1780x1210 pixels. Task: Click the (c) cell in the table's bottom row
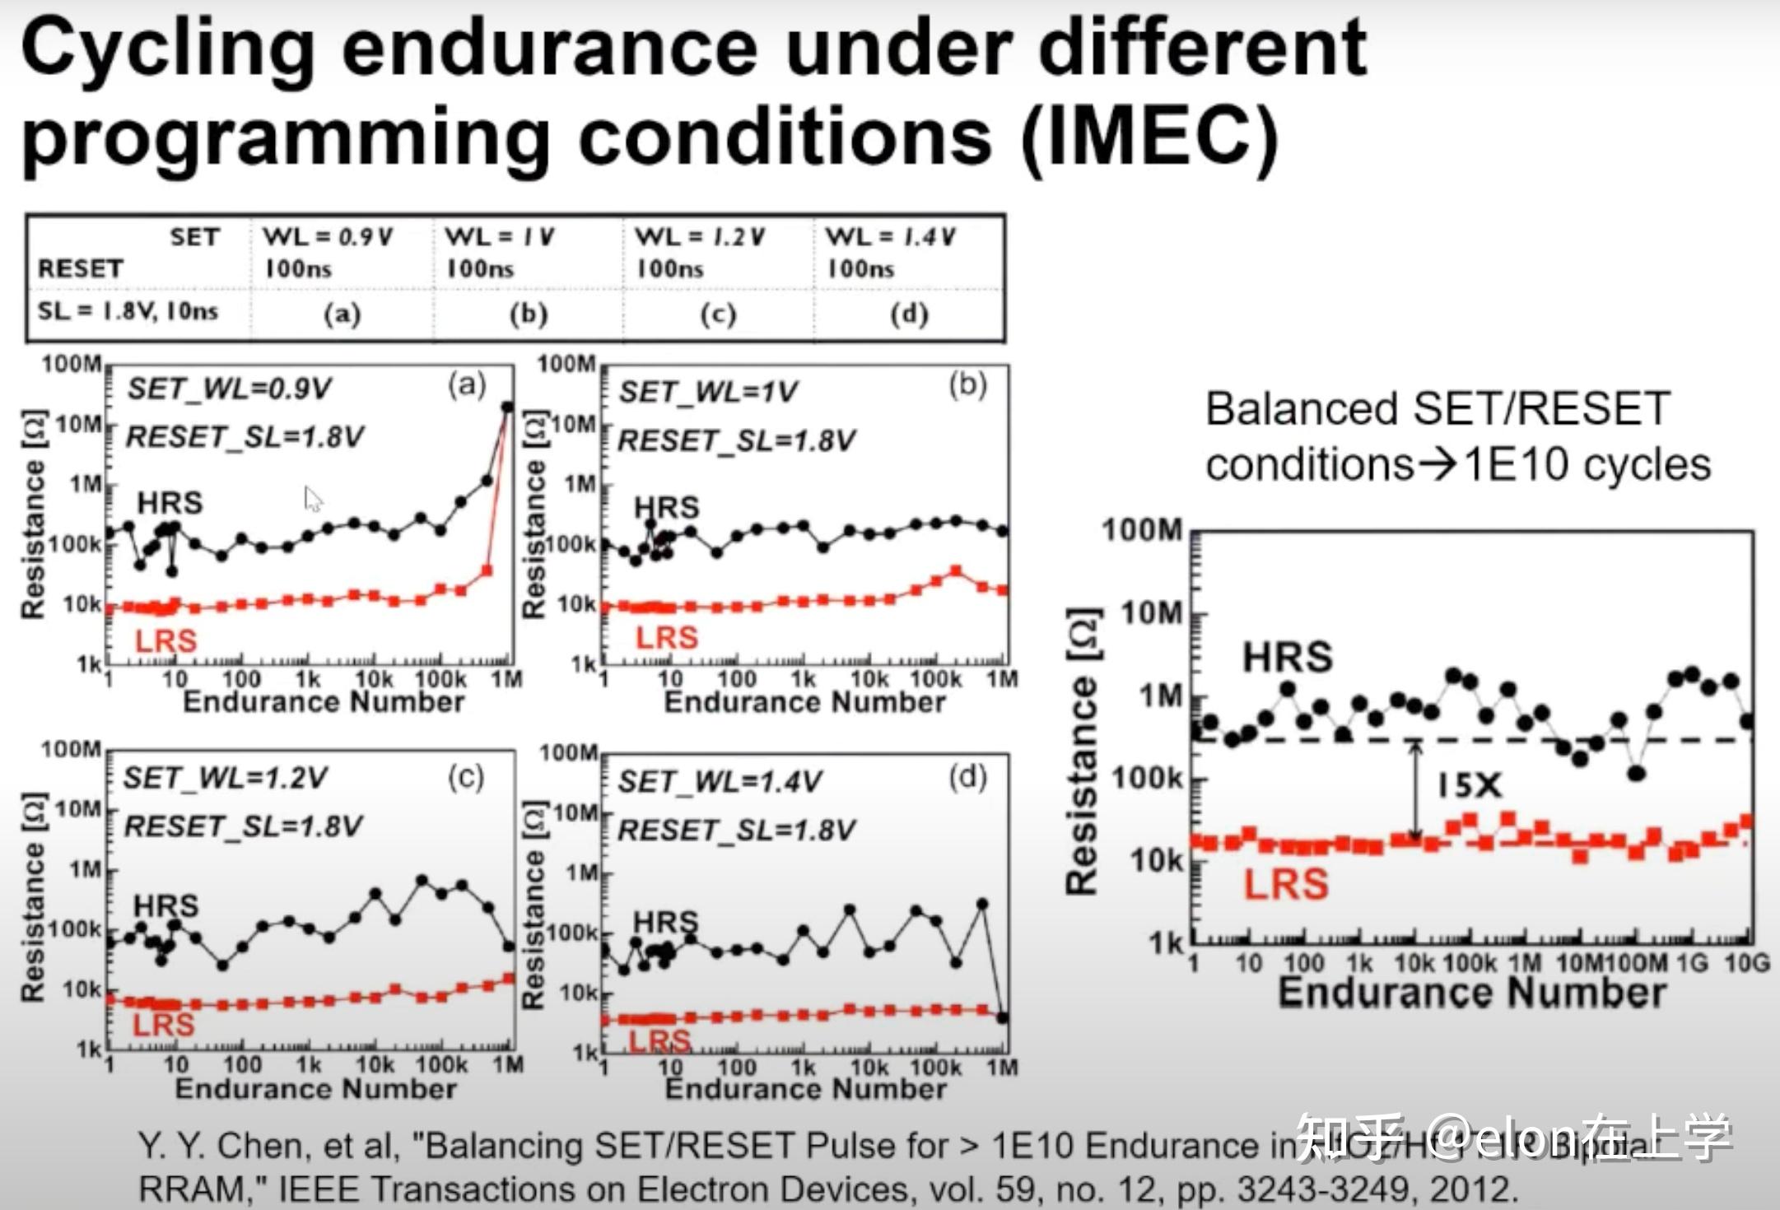pyautogui.click(x=718, y=314)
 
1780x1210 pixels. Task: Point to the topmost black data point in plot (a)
pyautogui.click(x=508, y=407)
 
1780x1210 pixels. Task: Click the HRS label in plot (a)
pyautogui.click(x=170, y=503)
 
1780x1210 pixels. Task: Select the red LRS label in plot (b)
pyautogui.click(x=667, y=638)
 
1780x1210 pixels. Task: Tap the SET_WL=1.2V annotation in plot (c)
pyautogui.click(x=225, y=778)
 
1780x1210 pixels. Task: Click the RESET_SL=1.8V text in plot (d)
pyautogui.click(x=737, y=831)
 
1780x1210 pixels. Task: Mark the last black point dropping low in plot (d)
pyautogui.click(x=1002, y=1018)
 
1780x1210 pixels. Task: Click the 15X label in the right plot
pyautogui.click(x=1470, y=786)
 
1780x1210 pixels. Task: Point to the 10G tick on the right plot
pyautogui.click(x=1746, y=962)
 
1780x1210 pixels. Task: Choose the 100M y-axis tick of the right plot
pyautogui.click(x=1142, y=531)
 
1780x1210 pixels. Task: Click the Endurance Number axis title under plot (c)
pyautogui.click(x=315, y=1089)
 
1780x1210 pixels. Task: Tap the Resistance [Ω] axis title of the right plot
pyautogui.click(x=1083, y=752)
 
